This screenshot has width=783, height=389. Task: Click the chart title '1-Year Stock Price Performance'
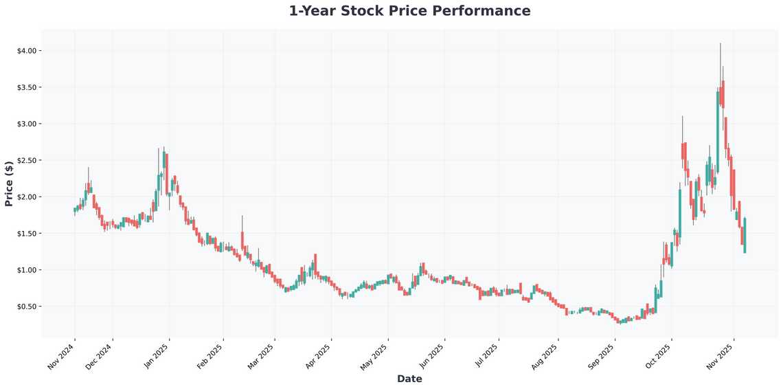409,11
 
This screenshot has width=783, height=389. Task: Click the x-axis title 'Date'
409,379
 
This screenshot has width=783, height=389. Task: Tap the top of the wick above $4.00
720,43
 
